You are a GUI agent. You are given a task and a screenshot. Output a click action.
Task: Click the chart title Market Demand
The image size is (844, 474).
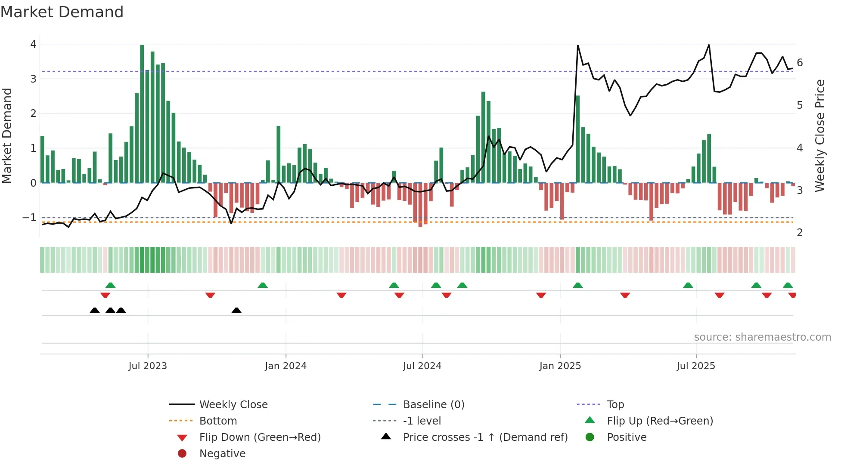pos(62,12)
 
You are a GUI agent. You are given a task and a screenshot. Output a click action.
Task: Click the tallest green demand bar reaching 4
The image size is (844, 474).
pos(142,114)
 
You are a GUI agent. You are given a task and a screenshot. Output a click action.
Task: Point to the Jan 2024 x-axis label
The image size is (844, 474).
pos(285,366)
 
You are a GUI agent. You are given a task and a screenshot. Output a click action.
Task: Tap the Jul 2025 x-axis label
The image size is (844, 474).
pos(695,366)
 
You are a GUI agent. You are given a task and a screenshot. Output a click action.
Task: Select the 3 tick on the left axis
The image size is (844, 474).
pos(33,79)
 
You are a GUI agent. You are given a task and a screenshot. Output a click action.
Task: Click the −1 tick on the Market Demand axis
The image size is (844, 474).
pos(30,218)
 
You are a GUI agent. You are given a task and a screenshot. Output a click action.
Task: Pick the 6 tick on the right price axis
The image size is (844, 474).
pos(800,63)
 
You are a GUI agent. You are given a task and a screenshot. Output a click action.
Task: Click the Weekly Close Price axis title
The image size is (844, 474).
pos(820,135)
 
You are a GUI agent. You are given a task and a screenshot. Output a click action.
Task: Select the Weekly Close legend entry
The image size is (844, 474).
pos(233,405)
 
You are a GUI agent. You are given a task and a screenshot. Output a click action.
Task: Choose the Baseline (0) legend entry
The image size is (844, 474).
pos(433,405)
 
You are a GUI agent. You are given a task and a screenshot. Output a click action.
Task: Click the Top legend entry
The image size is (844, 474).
pos(615,405)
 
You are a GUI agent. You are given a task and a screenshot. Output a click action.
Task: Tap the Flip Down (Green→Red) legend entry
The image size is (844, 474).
pos(260,437)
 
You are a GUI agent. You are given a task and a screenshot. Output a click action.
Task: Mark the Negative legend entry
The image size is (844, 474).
pos(222,454)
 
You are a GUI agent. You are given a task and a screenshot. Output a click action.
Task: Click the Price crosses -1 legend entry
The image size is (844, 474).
pos(485,437)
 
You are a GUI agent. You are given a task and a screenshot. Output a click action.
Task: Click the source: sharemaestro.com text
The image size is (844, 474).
pos(762,337)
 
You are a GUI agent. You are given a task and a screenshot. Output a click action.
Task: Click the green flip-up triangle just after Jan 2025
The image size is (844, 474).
pos(578,285)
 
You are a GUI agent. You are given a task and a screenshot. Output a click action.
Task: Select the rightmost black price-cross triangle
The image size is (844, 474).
pos(236,310)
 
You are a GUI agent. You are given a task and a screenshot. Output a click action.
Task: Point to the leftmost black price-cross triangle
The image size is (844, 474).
pos(95,310)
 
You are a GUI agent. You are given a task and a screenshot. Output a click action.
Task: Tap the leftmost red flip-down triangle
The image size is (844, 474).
pos(105,295)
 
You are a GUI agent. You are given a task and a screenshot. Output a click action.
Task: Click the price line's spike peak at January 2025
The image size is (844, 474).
pos(577,46)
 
